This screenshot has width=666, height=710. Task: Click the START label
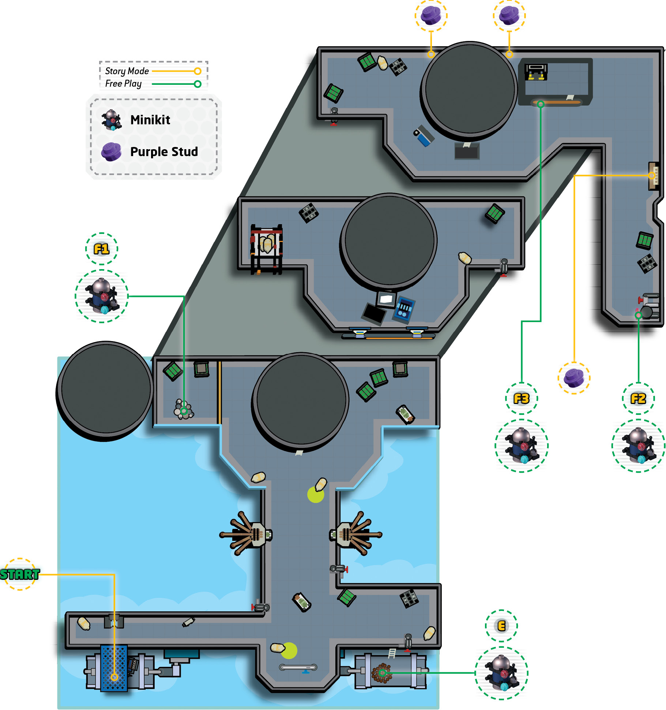coord(20,574)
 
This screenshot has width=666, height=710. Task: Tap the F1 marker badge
coord(102,249)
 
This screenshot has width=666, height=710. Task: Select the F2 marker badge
coord(638,399)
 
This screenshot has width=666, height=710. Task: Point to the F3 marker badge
coord(522,399)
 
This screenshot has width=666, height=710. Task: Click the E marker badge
coord(501,626)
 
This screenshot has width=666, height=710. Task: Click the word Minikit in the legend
coord(150,120)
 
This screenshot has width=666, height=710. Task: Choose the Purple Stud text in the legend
coord(164,152)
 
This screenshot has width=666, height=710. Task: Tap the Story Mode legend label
coord(127,71)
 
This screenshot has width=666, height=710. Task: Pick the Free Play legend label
coord(123,84)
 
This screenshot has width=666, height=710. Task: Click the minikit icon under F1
coord(102,296)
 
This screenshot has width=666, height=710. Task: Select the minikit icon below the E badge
coord(501,673)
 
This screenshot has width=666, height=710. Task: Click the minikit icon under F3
coord(522,446)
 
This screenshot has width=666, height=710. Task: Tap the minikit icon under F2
coord(638,446)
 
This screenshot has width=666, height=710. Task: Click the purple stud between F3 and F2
coord(574,378)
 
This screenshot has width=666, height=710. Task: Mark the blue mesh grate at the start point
coord(114,668)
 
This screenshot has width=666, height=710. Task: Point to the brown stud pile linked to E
coord(381,673)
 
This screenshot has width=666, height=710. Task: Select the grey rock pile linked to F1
coord(184,409)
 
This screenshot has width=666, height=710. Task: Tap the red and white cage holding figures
coord(266,249)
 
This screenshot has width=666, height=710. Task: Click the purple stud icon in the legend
coord(111,152)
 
